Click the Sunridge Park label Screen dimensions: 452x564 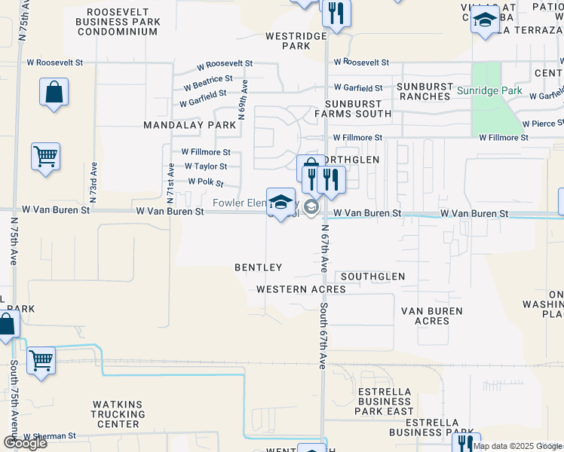click(x=489, y=91)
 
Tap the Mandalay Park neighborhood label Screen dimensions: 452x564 click(x=190, y=124)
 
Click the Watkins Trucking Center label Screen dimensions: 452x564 click(x=118, y=414)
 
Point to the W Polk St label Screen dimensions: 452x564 click(x=206, y=182)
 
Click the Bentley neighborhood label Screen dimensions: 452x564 click(x=258, y=267)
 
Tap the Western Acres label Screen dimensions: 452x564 click(x=301, y=289)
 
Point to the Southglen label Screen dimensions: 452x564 click(x=372, y=277)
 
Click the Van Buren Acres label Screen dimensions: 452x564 click(x=431, y=316)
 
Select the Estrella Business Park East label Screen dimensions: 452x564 click(x=385, y=402)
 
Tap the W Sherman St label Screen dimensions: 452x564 click(x=49, y=436)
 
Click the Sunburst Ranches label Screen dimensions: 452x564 click(x=426, y=92)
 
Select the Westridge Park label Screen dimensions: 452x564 click(x=296, y=41)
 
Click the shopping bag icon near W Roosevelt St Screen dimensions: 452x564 click(x=54, y=93)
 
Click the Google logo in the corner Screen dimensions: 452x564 click(x=25, y=443)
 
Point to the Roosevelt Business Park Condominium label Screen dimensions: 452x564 click(x=124, y=23)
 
